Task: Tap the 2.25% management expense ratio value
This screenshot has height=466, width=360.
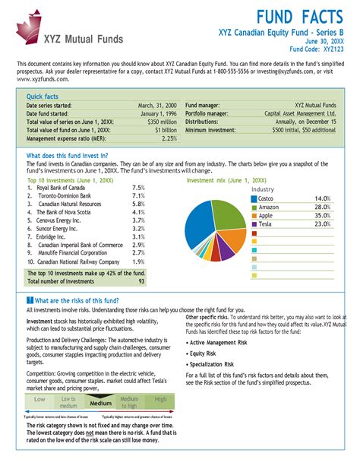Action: (x=169, y=138)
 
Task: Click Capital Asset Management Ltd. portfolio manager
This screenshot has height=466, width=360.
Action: (x=298, y=113)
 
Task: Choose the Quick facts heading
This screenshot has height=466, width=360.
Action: (x=44, y=97)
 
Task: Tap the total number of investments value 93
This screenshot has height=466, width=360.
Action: (x=141, y=281)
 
